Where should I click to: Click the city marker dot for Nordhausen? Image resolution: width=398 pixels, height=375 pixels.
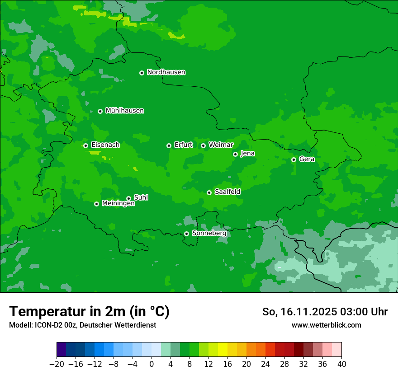coord(142,73)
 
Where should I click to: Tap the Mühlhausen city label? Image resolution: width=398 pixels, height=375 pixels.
coord(124,111)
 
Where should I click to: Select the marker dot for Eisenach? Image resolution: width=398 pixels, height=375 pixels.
coord(85,145)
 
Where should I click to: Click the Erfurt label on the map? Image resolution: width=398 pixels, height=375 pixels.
coord(183,145)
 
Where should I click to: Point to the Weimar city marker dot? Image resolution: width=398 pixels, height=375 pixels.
coord(203,145)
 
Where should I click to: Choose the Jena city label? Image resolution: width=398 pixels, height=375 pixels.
coord(247,154)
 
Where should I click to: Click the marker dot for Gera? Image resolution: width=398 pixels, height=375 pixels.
coord(294,159)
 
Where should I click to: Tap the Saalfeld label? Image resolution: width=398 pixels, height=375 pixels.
coord(227,192)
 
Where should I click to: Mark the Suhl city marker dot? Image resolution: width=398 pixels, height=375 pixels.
coord(128,198)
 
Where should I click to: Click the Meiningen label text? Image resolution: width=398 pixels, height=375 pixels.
coord(118,204)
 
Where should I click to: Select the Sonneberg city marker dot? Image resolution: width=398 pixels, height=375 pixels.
coord(186,234)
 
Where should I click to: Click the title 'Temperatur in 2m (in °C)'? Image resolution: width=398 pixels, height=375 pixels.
coord(89,312)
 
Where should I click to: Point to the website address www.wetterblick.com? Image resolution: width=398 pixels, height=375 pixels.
coord(326,325)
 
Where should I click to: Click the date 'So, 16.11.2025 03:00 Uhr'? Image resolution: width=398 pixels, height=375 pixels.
coord(325,312)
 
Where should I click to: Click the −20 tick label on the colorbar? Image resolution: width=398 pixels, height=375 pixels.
coord(57,364)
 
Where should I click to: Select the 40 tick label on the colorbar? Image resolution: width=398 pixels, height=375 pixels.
coord(341,364)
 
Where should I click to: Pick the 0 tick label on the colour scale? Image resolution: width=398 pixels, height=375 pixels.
coord(152,364)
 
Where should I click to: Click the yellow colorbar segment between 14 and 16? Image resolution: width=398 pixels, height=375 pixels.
coord(223,350)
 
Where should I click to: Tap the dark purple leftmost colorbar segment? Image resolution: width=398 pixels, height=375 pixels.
coord(61,350)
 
